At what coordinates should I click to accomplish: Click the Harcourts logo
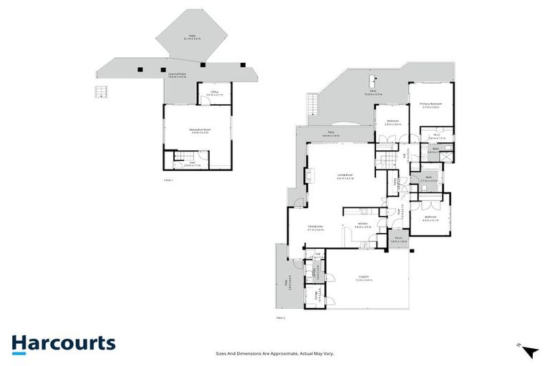[x=63, y=342]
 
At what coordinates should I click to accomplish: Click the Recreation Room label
[x=198, y=130]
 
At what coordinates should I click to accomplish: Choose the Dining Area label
[x=316, y=229]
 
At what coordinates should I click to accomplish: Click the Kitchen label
[x=364, y=225]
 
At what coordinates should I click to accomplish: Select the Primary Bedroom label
[x=431, y=105]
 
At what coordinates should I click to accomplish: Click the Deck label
[x=373, y=92]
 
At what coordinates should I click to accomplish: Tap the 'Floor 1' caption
[x=168, y=181]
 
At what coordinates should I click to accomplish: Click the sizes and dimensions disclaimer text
[x=275, y=353]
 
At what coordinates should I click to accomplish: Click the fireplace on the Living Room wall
[x=310, y=176]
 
